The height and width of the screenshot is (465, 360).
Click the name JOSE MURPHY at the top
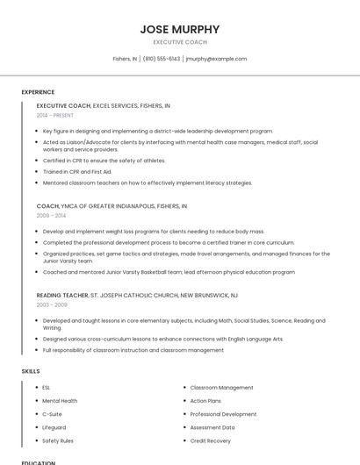pyautogui.click(x=180, y=29)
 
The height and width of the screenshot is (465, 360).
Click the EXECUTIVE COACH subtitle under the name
pyautogui.click(x=180, y=42)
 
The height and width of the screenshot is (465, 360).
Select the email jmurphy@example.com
pyautogui.click(x=216, y=59)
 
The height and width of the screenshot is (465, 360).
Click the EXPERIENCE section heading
pyautogui.click(x=38, y=92)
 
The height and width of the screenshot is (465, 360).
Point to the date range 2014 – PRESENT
pyautogui.click(x=55, y=115)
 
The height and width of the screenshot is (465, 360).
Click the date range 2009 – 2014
pyautogui.click(x=51, y=215)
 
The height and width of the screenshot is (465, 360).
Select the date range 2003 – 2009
pyautogui.click(x=51, y=304)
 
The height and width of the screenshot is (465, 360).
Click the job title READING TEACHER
pyautogui.click(x=62, y=296)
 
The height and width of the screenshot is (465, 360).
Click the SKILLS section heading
pyautogui.click(x=31, y=371)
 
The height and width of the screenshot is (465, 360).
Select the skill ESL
pyautogui.click(x=47, y=387)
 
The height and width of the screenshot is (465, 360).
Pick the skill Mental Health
pyautogui.click(x=60, y=401)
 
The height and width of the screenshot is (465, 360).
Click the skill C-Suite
pyautogui.click(x=52, y=414)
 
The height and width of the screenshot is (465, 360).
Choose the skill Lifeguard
pyautogui.click(x=54, y=427)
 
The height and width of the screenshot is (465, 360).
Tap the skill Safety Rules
pyautogui.click(x=58, y=440)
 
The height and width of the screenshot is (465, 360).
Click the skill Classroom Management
pyautogui.click(x=221, y=387)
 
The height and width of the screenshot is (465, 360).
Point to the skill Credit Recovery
pyautogui.click(x=211, y=440)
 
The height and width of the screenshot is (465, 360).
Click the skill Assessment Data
pyautogui.click(x=212, y=427)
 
